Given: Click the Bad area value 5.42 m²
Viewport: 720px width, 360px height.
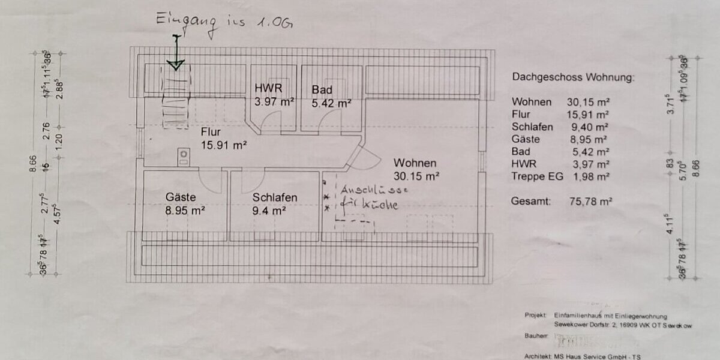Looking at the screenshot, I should point(331,103).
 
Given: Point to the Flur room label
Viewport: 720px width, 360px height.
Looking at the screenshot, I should point(213,131).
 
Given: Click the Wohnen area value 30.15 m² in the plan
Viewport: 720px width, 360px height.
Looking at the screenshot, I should point(416,176).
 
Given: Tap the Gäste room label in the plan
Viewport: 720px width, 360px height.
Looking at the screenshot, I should point(181,197).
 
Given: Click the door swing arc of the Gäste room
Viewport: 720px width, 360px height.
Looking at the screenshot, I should point(209,179).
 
